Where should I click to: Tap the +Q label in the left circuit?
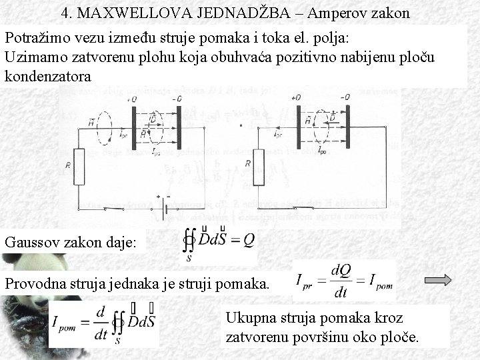pos(131,99)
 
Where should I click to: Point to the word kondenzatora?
pos(48,77)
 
